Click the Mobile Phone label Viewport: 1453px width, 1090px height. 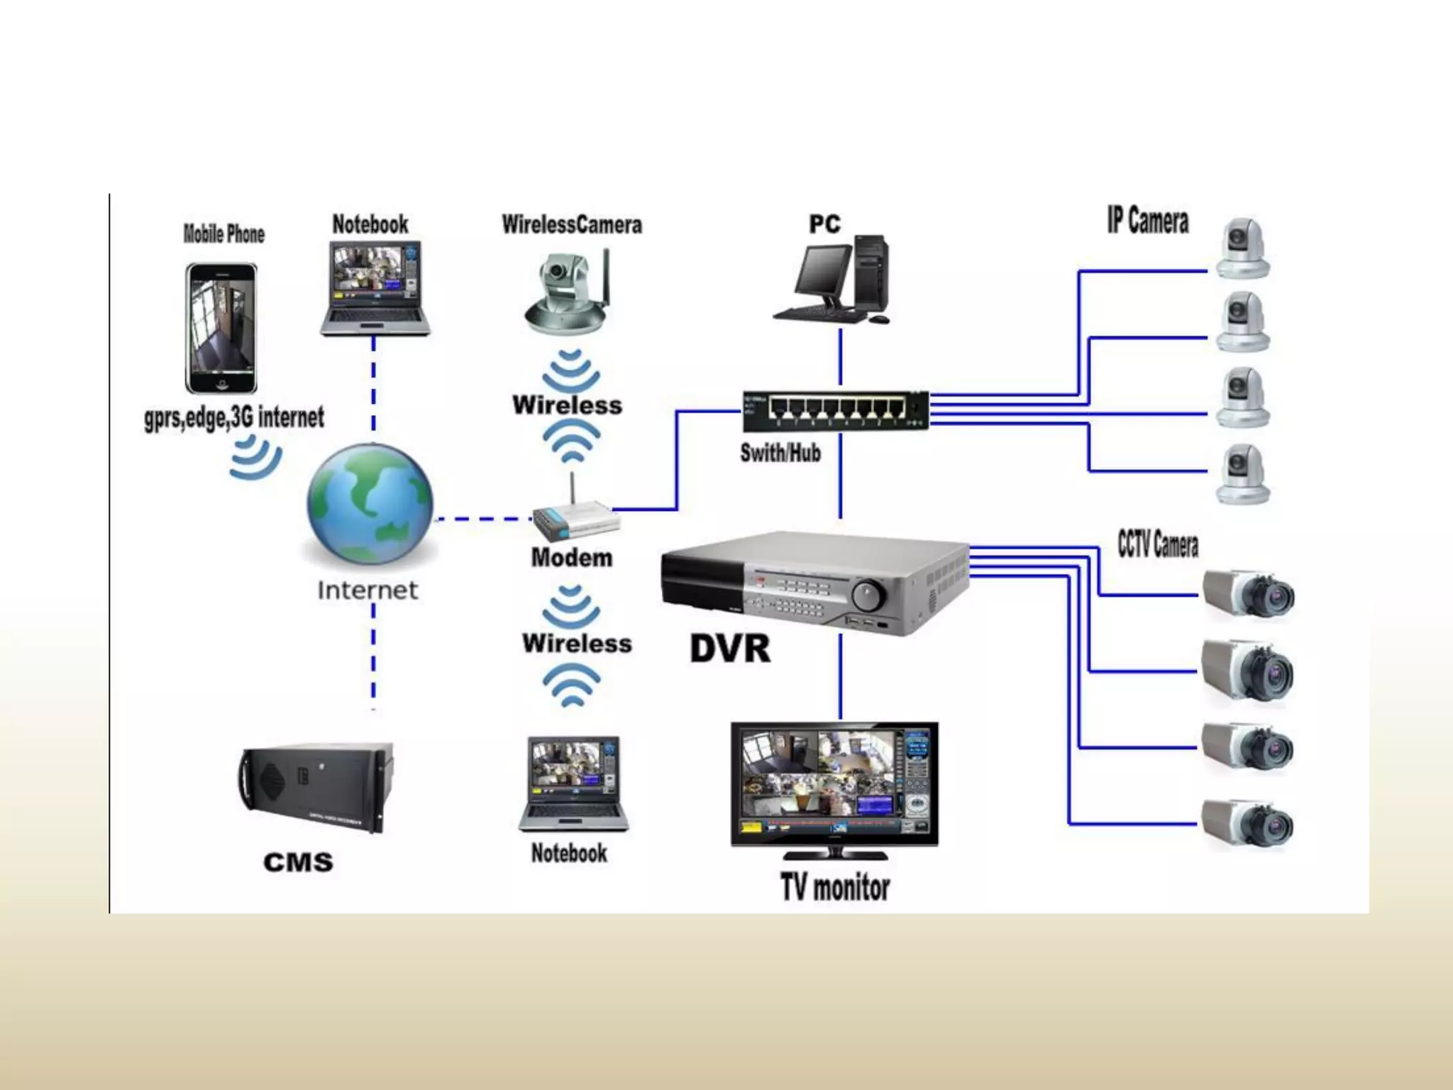[x=223, y=234]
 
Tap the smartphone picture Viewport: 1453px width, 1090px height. [x=221, y=329]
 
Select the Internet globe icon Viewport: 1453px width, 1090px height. [x=370, y=504]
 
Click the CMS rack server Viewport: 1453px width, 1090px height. [x=316, y=788]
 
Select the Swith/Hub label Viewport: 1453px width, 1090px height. [x=780, y=453]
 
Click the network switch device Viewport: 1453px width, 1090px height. [x=835, y=411]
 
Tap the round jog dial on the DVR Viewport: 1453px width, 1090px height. [x=868, y=594]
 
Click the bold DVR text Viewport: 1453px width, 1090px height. [x=730, y=649]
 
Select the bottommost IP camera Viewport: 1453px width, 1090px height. [x=1243, y=474]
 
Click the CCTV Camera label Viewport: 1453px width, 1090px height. [x=1158, y=545]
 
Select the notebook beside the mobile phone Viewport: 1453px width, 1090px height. [x=375, y=287]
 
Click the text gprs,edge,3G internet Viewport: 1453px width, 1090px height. [x=234, y=418]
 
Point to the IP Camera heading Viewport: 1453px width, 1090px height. [x=1148, y=221]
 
